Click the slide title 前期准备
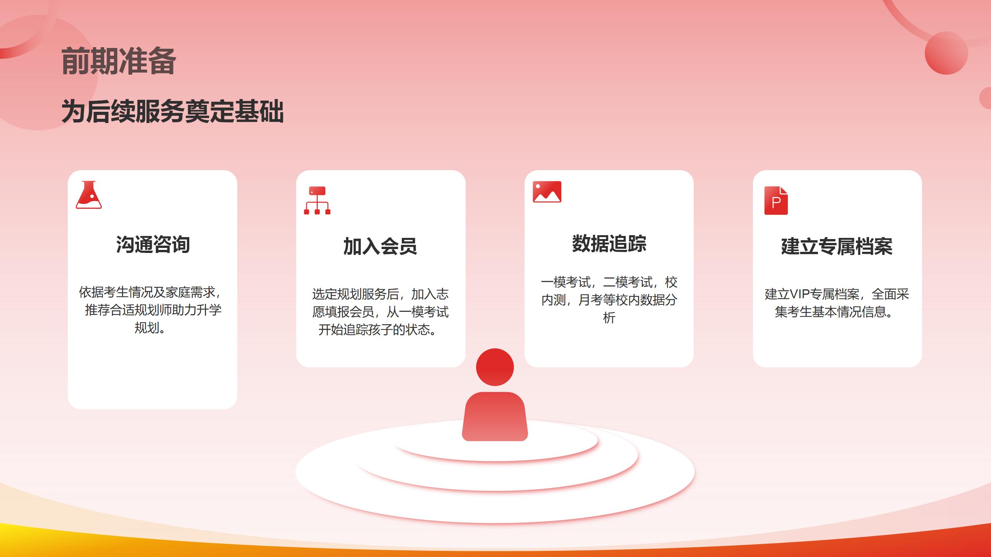pyautogui.click(x=119, y=61)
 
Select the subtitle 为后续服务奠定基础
pyautogui.click(x=173, y=111)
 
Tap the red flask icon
pyautogui.click(x=89, y=195)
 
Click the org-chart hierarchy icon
pyautogui.click(x=317, y=200)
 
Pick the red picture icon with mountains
pyautogui.click(x=547, y=192)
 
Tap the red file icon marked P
pyautogui.click(x=776, y=200)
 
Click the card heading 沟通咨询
pyautogui.click(x=153, y=244)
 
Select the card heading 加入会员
pyautogui.click(x=380, y=246)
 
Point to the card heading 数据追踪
pyautogui.click(x=609, y=244)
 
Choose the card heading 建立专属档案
pyautogui.click(x=837, y=246)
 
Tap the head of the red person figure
pyautogui.click(x=495, y=367)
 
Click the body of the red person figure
pyautogui.click(x=495, y=417)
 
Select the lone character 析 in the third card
pyautogui.click(x=609, y=318)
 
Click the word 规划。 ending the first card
pyautogui.click(x=150, y=328)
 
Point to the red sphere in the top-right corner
pyautogui.click(x=946, y=53)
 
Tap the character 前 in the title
pyautogui.click(x=75, y=61)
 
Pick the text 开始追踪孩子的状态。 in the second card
pyautogui.click(x=377, y=330)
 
